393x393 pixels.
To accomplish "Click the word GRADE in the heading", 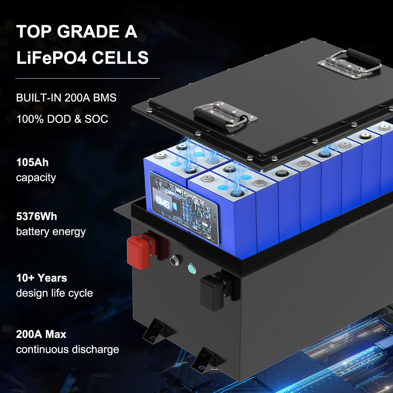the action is pyautogui.click(x=88, y=32).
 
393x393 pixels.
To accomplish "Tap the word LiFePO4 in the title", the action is pyautogui.click(x=52, y=57).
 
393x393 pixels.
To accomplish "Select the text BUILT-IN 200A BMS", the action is pyautogui.click(x=66, y=97).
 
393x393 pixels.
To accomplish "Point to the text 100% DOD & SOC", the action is pyautogui.click(x=62, y=119).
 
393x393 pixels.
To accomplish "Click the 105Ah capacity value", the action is pyautogui.click(x=32, y=163).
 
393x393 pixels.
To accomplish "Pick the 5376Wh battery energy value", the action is pyautogui.click(x=36, y=216).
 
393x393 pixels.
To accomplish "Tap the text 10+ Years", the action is pyautogui.click(x=42, y=278).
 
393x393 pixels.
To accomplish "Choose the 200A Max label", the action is pyautogui.click(x=41, y=334).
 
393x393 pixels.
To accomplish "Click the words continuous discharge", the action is pyautogui.click(x=68, y=349).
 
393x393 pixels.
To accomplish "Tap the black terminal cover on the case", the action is pyautogui.click(x=212, y=293).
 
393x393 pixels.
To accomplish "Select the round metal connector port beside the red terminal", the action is pyautogui.click(x=176, y=260).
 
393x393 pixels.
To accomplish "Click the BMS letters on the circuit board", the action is pyautogui.click(x=163, y=203).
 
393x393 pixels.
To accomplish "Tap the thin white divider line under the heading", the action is pyautogui.click(x=88, y=79).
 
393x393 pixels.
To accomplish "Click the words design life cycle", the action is pyautogui.click(x=54, y=293).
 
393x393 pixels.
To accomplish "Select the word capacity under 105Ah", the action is pyautogui.click(x=36, y=178).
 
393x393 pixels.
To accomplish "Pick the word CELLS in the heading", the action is pyautogui.click(x=120, y=57).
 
